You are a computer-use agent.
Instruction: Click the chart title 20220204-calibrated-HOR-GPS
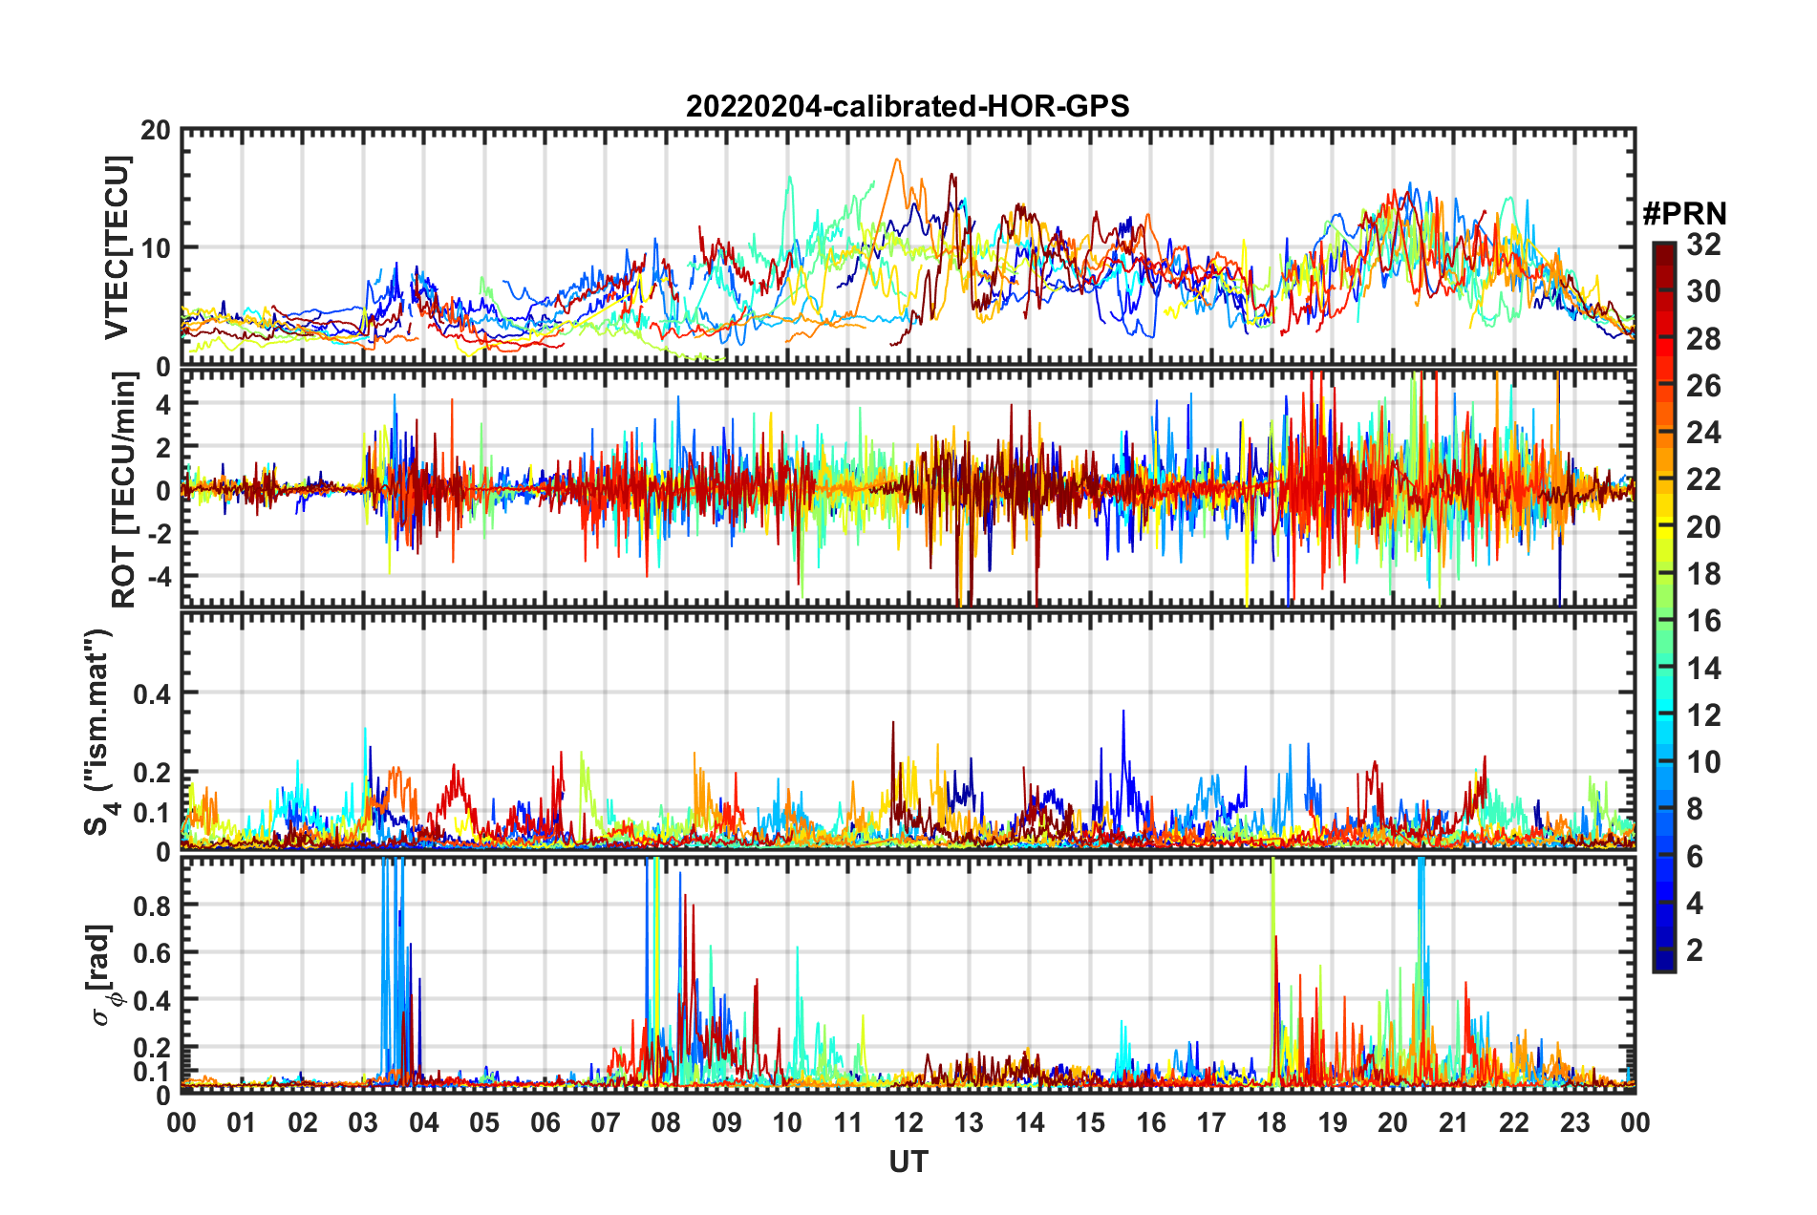(x=908, y=106)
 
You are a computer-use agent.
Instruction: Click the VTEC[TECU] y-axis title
(x=117, y=247)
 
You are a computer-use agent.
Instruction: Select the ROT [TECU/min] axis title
(x=124, y=489)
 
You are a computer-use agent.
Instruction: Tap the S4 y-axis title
(x=99, y=732)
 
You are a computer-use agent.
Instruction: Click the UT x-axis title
(x=908, y=1162)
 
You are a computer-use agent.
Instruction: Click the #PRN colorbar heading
(x=1684, y=214)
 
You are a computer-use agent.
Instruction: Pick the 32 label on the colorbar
(x=1703, y=245)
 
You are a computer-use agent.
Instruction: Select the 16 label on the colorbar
(x=1703, y=621)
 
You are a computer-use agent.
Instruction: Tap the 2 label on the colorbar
(x=1695, y=949)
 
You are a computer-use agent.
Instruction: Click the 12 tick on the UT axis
(x=908, y=1122)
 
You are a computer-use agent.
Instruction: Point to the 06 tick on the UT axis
(x=545, y=1122)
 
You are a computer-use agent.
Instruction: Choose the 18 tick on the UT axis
(x=1272, y=1122)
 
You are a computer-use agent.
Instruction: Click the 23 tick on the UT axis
(x=1574, y=1122)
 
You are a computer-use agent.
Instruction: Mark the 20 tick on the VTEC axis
(x=156, y=131)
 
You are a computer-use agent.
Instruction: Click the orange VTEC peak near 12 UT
(x=896, y=160)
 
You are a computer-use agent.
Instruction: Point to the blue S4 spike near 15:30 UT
(x=1123, y=712)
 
